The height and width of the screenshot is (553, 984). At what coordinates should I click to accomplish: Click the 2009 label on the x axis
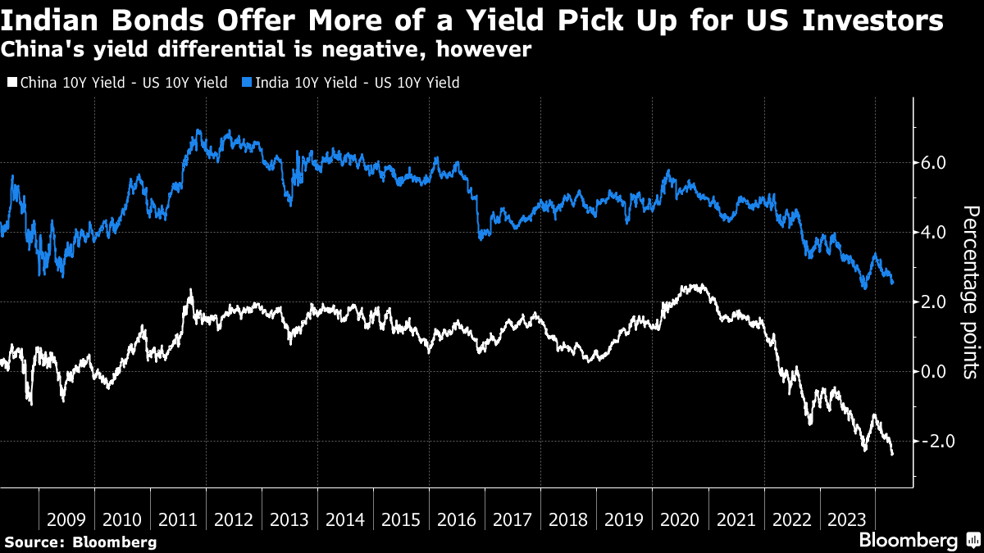pos(66,519)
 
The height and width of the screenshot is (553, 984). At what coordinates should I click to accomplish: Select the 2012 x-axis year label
pos(234,519)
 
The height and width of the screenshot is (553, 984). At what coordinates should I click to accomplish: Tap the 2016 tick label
pos(457,519)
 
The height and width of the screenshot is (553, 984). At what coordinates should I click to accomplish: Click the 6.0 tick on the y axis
pos(934,163)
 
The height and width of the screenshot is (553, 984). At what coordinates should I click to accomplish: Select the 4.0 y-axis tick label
pos(934,233)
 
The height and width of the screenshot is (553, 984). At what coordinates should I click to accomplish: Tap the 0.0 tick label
pos(934,371)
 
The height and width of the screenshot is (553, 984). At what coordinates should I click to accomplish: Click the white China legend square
pos(11,83)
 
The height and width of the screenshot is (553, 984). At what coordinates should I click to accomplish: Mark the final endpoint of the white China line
pos(892,454)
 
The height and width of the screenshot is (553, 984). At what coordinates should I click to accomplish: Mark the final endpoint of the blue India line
pos(892,283)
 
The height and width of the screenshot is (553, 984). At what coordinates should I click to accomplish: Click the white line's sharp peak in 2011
pos(190,290)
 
